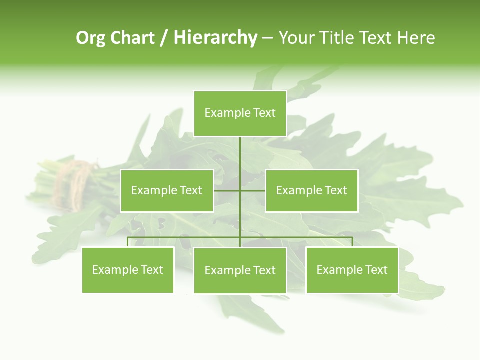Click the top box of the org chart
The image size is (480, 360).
pos(240,113)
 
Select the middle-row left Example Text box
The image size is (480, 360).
pos(167,190)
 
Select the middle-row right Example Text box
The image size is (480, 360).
pos(311,190)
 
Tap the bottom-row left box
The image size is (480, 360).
pos(128,270)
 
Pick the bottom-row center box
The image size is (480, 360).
pos(240,270)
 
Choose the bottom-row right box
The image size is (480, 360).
pos(352,270)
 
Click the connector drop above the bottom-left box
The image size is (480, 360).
pos(128,242)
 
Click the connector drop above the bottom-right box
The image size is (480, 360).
pos(352,242)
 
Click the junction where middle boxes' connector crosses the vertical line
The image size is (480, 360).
pos(240,190)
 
